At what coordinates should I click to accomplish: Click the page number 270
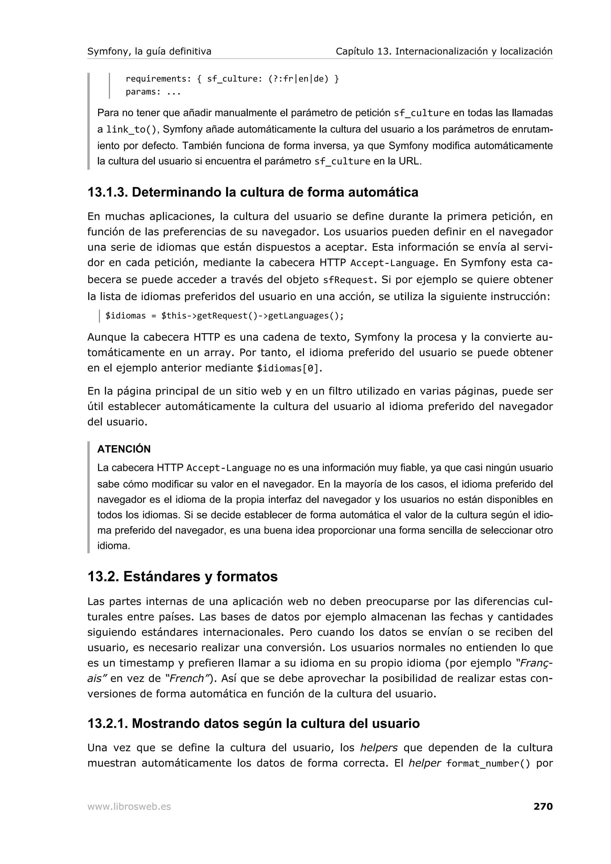click(543, 806)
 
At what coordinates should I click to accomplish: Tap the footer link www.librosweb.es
click(129, 807)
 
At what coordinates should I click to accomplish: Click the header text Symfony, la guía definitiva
click(149, 52)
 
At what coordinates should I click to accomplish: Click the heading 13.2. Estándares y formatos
click(182, 577)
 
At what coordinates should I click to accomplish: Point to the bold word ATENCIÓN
click(124, 449)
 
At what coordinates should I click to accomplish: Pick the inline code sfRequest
click(348, 280)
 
